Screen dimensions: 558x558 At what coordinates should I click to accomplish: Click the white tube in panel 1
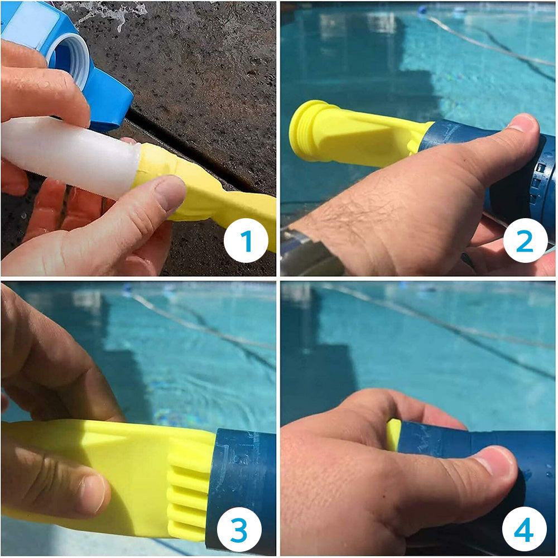pyautogui.click(x=67, y=156)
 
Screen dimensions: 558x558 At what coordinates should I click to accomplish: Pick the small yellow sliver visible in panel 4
pyautogui.click(x=393, y=434)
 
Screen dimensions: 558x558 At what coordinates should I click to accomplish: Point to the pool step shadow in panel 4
pyautogui.click(x=318, y=363)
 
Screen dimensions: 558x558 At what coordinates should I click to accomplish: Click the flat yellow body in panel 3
pyautogui.click(x=123, y=463)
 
